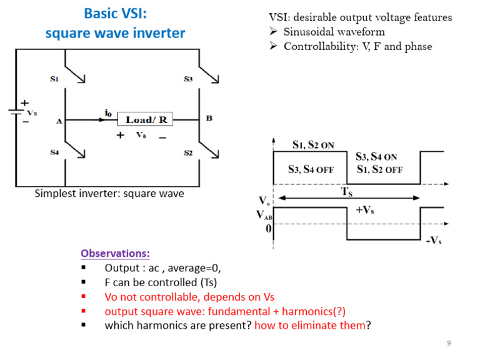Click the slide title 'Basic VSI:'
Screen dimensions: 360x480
115,13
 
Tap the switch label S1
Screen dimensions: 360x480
54,79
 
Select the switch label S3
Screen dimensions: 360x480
188,79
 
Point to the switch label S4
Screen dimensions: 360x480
54,153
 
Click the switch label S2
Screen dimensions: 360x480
188,153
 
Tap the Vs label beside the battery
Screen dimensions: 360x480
32,113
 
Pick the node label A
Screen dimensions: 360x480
59,122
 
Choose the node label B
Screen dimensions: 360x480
209,117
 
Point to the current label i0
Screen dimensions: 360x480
108,113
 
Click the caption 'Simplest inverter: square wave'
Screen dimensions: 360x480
109,194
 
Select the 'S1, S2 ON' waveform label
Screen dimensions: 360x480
313,145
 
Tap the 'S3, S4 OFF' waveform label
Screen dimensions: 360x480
311,169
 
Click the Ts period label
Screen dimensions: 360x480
347,192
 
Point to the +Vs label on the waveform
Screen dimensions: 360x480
365,211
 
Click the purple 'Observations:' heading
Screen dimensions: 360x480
115,253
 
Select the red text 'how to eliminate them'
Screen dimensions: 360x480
309,325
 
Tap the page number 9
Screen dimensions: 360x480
449,344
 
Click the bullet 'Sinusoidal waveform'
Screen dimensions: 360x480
334,31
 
